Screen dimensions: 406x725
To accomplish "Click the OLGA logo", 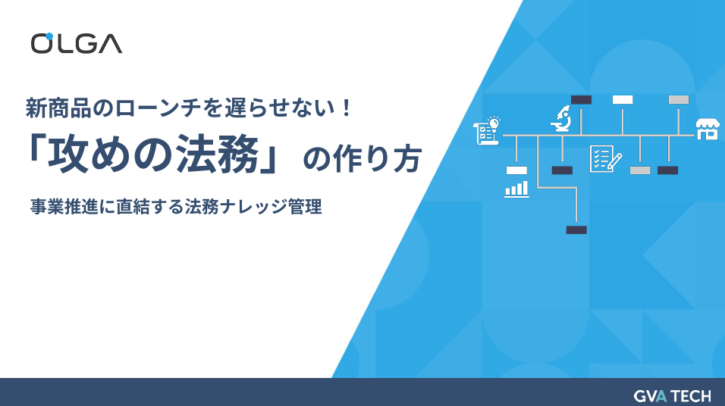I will click(x=76, y=43).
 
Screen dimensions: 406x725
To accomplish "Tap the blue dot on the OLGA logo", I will click(x=49, y=36).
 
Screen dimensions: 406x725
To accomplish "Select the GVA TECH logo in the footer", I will click(x=673, y=395).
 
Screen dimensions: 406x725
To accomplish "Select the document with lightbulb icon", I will click(x=486, y=130).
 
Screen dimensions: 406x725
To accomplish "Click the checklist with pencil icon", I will click(x=605, y=158).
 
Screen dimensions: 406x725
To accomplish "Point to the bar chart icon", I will click(x=516, y=189).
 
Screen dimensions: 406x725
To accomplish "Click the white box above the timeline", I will click(x=623, y=99).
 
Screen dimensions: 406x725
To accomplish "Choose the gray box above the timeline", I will click(x=678, y=99).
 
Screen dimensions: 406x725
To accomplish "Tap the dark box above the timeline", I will click(x=581, y=99).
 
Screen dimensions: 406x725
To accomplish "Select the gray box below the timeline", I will click(x=640, y=170).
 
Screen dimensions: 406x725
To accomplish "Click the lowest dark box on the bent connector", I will click(x=576, y=230).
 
